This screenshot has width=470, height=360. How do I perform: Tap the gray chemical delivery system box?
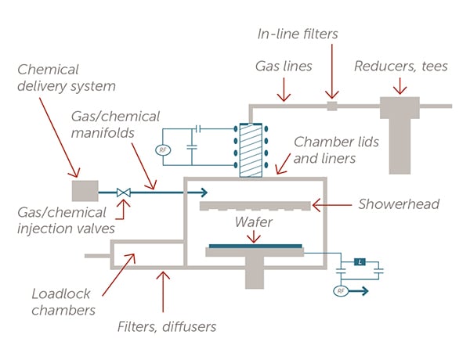[x=85, y=190]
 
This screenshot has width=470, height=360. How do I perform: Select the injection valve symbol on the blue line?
[x=123, y=191]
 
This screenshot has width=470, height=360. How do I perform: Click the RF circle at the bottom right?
[x=341, y=291]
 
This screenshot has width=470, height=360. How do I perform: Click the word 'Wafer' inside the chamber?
[x=254, y=224]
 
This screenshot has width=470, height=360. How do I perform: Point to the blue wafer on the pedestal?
[x=254, y=246]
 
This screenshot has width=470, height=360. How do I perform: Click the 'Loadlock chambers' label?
[x=61, y=302]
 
